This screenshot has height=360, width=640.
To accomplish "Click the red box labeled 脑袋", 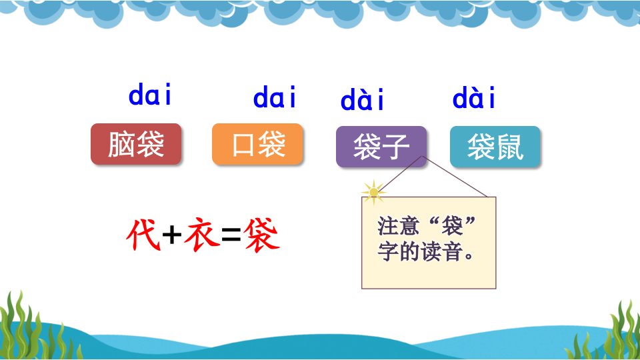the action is pos(136,144).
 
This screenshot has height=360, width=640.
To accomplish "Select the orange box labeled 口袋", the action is pos(257,144).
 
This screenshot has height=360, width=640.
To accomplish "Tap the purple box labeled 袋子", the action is pos(381,147).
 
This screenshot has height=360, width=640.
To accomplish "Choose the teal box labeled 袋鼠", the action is pos(495,147).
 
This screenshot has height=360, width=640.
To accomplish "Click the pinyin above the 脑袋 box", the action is pos(150,94).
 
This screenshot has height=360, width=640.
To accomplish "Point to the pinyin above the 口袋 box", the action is pos(274,97).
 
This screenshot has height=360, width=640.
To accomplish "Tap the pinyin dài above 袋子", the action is pos(363,99).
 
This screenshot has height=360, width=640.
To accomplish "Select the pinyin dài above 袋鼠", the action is pos(474,97).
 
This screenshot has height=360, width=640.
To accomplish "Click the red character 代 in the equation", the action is pos(143,234).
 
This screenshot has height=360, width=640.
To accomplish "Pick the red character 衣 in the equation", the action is pos(201,234).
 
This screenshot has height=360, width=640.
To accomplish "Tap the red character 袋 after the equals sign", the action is pos(261,234).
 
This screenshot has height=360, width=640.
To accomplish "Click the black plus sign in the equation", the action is pos(172,235).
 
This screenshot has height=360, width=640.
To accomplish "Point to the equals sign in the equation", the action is pos(231,235).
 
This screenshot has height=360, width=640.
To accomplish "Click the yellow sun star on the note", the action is pos(373,192).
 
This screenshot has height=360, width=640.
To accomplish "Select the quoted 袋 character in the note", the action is pos(452,226).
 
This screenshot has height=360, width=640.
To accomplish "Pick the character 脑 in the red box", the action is pos(121,144).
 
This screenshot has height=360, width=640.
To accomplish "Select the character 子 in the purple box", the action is pos(396,147).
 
